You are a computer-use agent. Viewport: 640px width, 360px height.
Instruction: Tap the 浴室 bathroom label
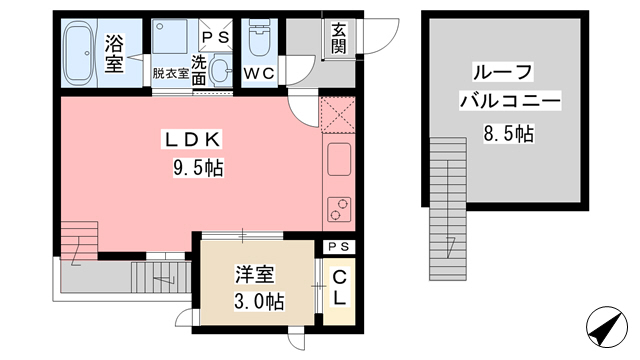coord(113,53)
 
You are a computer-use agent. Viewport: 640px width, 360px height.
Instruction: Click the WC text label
coord(260,72)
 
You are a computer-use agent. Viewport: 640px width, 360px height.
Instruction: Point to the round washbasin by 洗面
coord(222,71)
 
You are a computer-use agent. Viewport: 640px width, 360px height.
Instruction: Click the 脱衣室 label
coord(170,73)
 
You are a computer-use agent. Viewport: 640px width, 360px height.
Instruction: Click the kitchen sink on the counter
coord(336,158)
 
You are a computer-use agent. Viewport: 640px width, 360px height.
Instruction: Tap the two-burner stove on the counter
coord(337,208)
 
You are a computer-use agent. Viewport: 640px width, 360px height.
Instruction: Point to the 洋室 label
coord(255,274)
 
